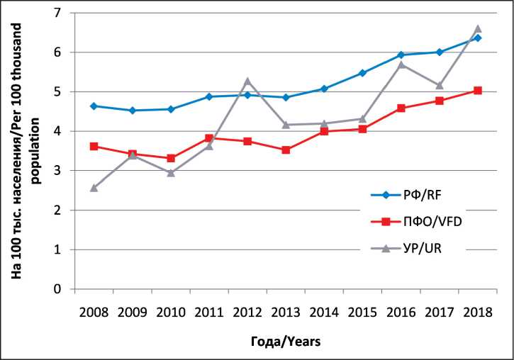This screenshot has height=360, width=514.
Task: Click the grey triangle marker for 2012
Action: point(247,81)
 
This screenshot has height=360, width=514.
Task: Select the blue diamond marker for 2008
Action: point(94,106)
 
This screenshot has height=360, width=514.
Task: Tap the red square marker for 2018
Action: point(477,91)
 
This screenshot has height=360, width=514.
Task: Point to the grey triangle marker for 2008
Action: point(94,188)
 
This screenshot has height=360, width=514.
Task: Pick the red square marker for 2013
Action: point(286,150)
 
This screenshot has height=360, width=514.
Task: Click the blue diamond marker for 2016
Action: point(401,55)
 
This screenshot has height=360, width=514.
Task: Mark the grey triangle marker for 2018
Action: point(477,29)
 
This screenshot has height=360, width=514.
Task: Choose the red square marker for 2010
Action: point(170,158)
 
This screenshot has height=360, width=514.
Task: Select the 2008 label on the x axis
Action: point(94,312)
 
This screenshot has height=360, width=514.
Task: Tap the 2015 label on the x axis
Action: point(362,312)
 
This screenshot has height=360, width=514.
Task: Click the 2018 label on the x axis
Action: point(477,312)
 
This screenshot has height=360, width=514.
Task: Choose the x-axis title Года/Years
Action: point(286,342)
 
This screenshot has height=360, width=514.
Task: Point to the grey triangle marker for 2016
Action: point(401,64)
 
